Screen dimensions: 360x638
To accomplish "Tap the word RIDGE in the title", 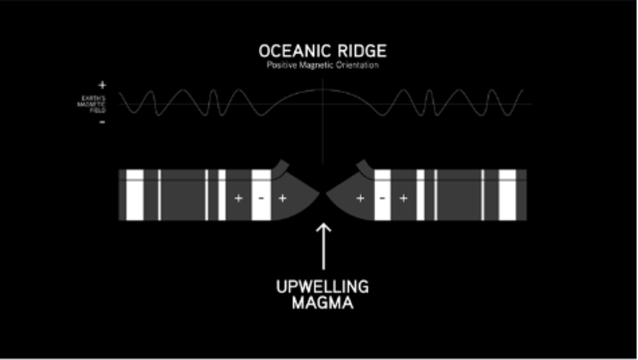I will tap(358, 51).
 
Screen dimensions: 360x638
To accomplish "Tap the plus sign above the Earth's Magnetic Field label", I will tap(103, 86).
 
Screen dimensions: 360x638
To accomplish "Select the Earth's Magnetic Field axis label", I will tap(93, 104).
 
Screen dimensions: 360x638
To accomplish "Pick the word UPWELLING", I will tap(322, 287).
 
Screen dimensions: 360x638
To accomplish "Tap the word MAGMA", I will tap(322, 305).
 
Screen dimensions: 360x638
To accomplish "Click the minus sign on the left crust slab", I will tap(260, 198).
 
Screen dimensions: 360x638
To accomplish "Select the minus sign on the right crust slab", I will tap(382, 198).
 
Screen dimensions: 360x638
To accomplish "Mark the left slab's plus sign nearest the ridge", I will tap(282, 198).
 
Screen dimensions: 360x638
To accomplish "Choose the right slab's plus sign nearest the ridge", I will tap(360, 198).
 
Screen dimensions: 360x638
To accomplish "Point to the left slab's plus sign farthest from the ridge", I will tap(237, 198).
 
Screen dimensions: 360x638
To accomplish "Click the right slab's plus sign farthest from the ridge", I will tap(403, 198).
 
